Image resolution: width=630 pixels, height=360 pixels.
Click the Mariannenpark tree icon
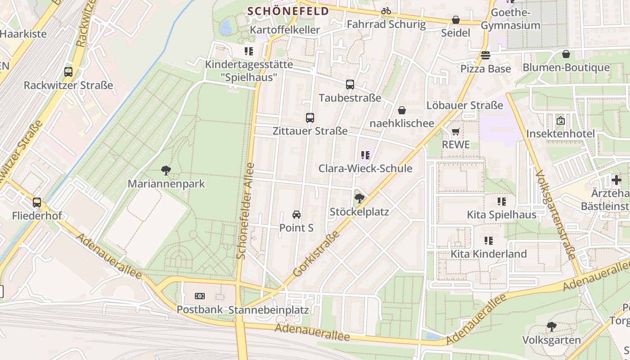click(166, 170)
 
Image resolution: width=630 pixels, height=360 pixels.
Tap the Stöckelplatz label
click(359, 211)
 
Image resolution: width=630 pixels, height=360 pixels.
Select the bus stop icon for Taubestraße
click(350, 84)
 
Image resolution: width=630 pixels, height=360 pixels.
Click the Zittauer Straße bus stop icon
click(310, 118)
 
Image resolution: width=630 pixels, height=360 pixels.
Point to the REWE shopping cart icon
click(456, 131)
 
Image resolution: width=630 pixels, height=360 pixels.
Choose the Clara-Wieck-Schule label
click(365, 168)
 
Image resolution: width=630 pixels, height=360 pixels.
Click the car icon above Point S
click(297, 214)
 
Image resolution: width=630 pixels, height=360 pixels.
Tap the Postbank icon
click(200, 296)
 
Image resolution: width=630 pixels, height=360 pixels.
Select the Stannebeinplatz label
click(269, 310)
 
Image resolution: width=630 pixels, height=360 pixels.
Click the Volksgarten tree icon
click(551, 326)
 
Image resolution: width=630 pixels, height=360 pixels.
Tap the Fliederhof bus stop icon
click(37, 202)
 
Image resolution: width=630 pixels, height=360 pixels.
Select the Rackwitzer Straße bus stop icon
click(68, 72)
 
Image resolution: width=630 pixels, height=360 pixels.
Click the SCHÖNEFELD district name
click(288, 11)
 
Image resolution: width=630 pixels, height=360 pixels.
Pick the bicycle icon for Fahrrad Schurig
click(386, 11)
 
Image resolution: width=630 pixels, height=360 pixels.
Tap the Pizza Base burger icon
click(486, 55)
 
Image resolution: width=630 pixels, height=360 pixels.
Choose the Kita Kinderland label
click(489, 254)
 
